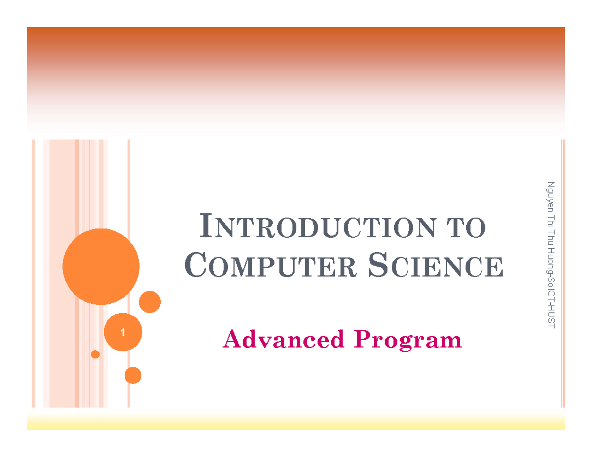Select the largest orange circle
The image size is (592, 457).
tap(101, 267)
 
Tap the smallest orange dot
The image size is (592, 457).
tap(95, 354)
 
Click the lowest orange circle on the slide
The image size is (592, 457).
tap(133, 375)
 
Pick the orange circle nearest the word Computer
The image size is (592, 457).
tap(149, 302)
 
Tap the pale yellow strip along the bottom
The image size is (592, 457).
tap(296, 422)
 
